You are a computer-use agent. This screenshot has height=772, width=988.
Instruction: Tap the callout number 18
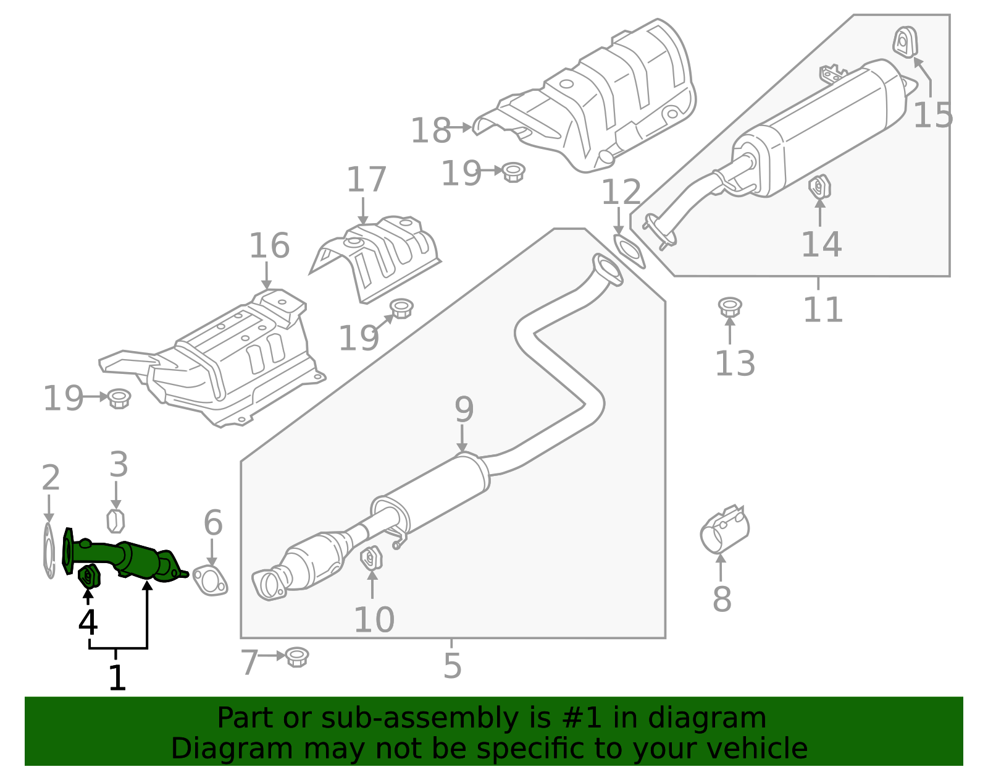[430, 131]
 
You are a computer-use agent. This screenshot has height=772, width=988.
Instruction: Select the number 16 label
[269, 246]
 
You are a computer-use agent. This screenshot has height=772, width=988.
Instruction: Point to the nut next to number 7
[297, 656]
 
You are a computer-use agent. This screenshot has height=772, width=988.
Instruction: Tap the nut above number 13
[729, 307]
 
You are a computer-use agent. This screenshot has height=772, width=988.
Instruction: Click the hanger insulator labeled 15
[905, 43]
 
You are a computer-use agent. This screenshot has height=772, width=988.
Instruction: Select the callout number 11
[823, 310]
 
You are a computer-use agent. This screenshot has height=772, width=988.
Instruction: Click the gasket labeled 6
[210, 580]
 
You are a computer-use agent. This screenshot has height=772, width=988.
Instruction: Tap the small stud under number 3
[115, 521]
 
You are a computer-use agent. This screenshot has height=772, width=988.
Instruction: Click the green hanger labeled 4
[89, 576]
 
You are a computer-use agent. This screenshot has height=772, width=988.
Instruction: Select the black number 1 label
[117, 677]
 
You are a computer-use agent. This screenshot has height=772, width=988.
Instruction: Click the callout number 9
[464, 410]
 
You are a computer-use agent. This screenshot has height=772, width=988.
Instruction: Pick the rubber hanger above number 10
[371, 558]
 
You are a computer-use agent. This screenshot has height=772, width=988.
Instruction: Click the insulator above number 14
[819, 187]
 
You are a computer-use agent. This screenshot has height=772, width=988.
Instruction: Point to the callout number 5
[452, 666]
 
